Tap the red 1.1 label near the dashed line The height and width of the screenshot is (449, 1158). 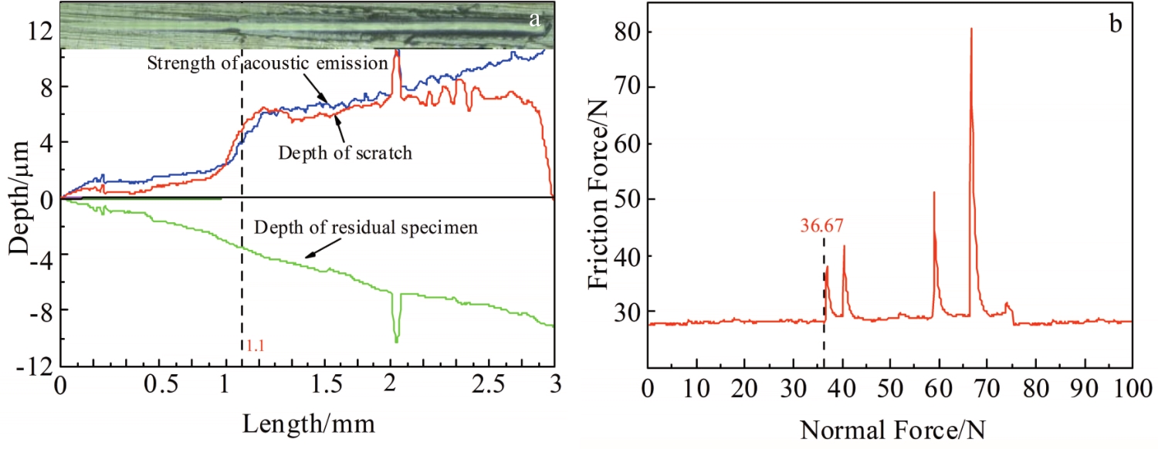click(254, 346)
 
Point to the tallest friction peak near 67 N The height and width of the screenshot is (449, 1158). click(970, 31)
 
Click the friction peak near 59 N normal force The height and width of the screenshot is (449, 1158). click(933, 194)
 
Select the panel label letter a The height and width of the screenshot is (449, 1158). click(534, 20)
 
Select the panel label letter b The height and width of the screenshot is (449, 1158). click(1116, 24)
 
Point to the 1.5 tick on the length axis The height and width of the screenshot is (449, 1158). click(307, 386)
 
